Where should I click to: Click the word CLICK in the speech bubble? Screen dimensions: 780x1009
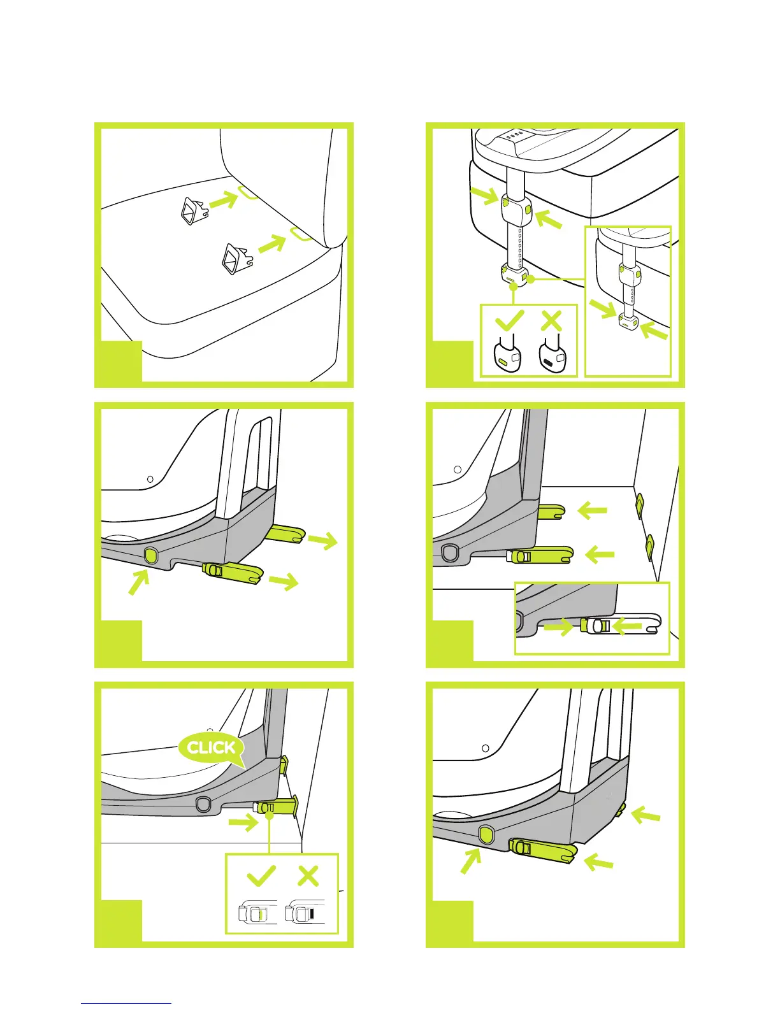(212, 747)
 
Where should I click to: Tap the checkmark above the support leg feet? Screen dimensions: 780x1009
(509, 320)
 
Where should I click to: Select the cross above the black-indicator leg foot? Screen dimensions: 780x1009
(551, 320)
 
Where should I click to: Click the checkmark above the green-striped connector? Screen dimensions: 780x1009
(261, 876)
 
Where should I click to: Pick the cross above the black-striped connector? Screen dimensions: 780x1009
(308, 876)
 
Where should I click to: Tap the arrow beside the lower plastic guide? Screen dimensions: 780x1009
(270, 243)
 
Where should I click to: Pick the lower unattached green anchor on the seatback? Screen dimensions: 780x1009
(649, 545)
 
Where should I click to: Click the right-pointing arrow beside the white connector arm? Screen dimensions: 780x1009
(558, 627)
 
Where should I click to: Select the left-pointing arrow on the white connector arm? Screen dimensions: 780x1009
(628, 626)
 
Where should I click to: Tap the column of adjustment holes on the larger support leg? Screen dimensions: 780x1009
(520, 248)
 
